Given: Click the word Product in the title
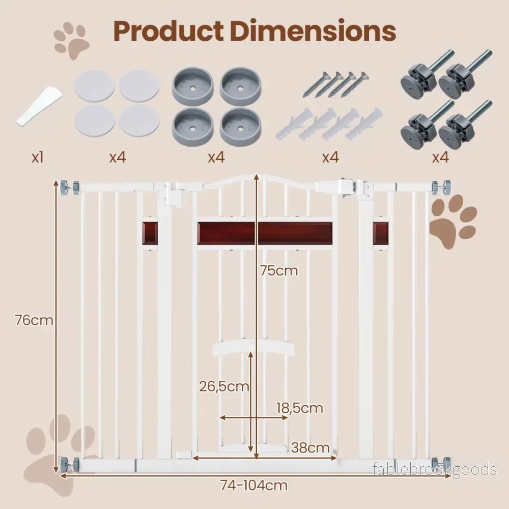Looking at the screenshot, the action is pos(168,31).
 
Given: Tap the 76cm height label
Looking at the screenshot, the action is pos(34,320).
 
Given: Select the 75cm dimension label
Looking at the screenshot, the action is pos(279,271).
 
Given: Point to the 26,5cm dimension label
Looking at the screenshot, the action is pos(224,386).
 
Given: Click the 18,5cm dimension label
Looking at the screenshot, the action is pos(300,408).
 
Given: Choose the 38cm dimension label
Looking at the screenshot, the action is pos(310,448).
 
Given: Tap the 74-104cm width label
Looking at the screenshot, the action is pos(254,486).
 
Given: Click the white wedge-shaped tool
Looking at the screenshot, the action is pos(39,106).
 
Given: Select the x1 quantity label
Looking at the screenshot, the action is pos(38,157).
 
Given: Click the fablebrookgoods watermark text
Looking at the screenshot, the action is pos(435,469).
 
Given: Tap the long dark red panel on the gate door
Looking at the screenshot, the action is pos(265,234).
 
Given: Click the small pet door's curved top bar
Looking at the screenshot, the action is pos(253,349).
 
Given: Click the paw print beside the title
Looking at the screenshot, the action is pos(72,40).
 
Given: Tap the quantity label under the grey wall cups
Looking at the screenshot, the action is pos(216,158).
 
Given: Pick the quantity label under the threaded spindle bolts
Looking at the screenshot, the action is pos(440,158).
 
